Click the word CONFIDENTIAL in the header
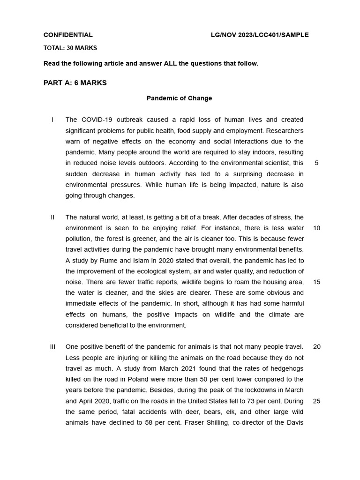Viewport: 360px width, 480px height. point(68,35)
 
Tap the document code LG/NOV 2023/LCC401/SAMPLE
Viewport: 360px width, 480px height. point(260,35)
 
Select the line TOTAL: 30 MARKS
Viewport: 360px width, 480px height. point(70,48)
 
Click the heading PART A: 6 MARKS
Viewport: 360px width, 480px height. point(75,83)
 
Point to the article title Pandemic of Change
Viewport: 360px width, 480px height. point(179,98)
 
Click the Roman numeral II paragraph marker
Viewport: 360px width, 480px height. point(53,217)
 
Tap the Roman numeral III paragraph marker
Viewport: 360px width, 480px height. point(53,347)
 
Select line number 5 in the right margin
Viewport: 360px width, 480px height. point(316,163)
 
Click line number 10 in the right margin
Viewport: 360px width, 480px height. point(316,228)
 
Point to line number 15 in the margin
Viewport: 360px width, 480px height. point(316,282)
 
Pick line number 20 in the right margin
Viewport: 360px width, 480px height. point(316,347)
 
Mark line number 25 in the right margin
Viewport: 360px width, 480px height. point(316,401)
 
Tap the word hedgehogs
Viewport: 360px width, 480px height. point(286,368)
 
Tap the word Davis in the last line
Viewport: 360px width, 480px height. point(294,423)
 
